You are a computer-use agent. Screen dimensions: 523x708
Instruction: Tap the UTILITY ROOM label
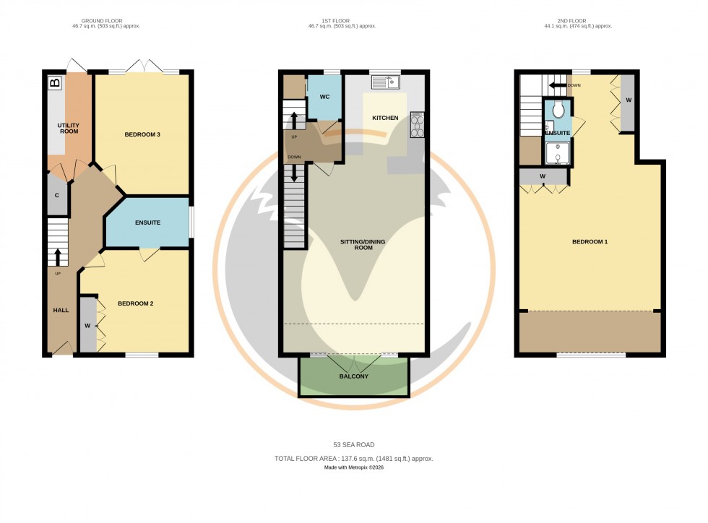point(69,128)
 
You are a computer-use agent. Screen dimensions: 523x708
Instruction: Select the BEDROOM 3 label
point(142,135)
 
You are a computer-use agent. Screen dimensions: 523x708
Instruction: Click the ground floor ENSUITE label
point(147,222)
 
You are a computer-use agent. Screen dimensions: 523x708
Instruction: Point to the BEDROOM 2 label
point(135,303)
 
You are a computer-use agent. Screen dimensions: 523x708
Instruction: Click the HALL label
point(61,310)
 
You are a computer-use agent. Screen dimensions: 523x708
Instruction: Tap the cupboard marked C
point(57,196)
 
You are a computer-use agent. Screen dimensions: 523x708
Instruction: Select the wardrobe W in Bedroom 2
point(87,325)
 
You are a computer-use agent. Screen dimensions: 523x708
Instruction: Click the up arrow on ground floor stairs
point(58,257)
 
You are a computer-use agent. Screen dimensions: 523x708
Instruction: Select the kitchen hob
point(418,125)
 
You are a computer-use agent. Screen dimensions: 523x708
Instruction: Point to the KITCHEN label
point(385,118)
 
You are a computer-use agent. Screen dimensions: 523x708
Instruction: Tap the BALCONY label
point(354,376)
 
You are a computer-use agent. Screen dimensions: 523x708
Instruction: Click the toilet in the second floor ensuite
point(558,110)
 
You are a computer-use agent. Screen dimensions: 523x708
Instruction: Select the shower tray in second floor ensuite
point(558,154)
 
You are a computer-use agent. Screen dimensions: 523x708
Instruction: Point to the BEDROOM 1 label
point(590,241)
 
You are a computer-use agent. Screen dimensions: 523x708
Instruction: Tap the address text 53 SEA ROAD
point(354,444)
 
